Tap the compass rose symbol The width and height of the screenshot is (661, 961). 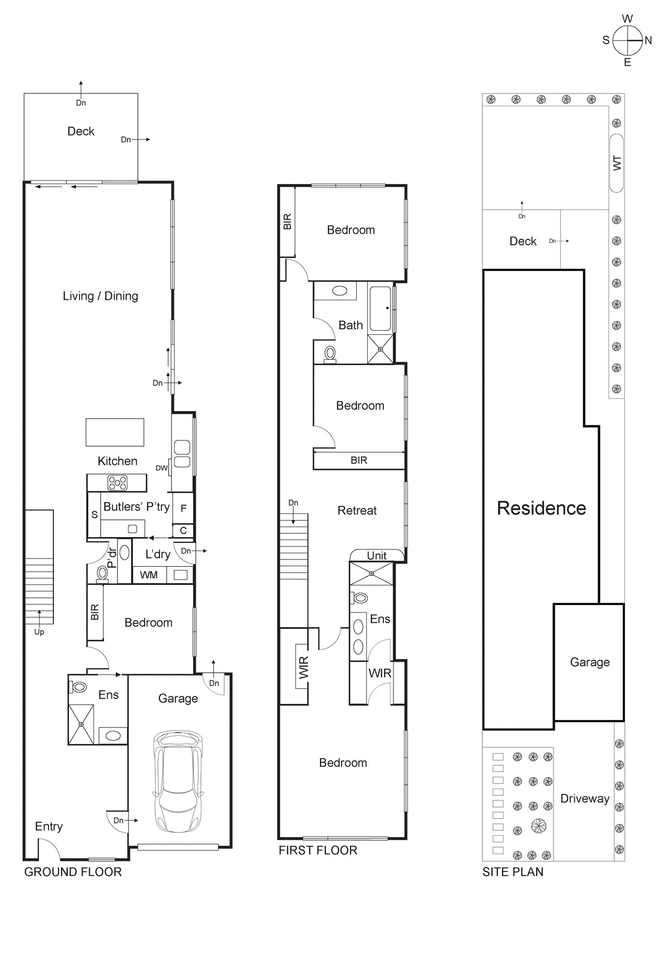pyautogui.click(x=627, y=41)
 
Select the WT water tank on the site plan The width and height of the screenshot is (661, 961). pyautogui.click(x=616, y=163)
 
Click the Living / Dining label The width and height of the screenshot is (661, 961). pyautogui.click(x=100, y=296)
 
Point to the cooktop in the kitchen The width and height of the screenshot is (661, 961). pyautogui.click(x=117, y=483)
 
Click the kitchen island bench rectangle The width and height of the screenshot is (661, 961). pyautogui.click(x=115, y=432)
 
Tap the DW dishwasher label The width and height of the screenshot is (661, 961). pyautogui.click(x=161, y=468)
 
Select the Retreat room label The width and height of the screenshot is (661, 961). pyautogui.click(x=357, y=511)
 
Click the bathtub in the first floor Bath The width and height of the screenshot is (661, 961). pyautogui.click(x=381, y=309)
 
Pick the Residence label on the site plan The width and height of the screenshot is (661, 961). pyautogui.click(x=541, y=508)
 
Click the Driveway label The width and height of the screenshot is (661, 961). pyautogui.click(x=584, y=799)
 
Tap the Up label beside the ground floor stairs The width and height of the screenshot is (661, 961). pyautogui.click(x=39, y=632)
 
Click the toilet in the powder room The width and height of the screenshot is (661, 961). pyautogui.click(x=102, y=573)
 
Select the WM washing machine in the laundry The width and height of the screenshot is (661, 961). pyautogui.click(x=149, y=575)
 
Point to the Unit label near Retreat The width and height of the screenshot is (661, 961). pyautogui.click(x=376, y=555)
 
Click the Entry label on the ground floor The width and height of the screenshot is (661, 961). pyautogui.click(x=48, y=826)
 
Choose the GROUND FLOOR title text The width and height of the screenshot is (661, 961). pyautogui.click(x=73, y=872)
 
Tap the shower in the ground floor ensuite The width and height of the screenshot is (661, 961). pyautogui.click(x=81, y=724)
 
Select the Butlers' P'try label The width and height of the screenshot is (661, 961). pyautogui.click(x=136, y=507)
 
